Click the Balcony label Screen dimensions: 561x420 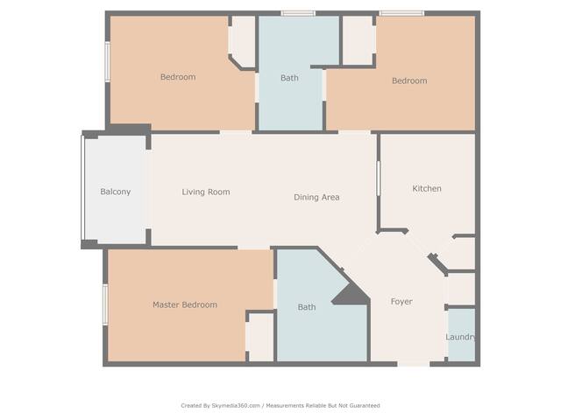point(115,192)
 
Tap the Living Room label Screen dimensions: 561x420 point(206,192)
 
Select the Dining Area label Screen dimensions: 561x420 point(316,197)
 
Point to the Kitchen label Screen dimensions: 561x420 point(427,189)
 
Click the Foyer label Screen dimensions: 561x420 point(401,302)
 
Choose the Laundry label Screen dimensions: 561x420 point(460,337)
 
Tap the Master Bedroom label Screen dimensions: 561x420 point(185,304)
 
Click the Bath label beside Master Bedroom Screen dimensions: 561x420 point(307,307)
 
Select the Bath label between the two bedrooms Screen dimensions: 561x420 point(289,78)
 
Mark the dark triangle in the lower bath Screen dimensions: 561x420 point(352,296)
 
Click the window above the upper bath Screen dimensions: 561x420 point(298,14)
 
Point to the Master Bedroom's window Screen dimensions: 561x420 point(105,304)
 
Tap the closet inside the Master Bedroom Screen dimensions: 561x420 point(261,337)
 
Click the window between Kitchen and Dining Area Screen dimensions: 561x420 point(378,178)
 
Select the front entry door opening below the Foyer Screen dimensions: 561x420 point(414,364)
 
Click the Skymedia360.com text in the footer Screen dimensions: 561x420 point(236,406)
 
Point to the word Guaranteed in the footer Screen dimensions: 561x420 point(365,406)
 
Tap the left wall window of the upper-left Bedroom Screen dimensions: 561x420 point(107,62)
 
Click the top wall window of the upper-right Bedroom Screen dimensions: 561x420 point(401,14)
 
